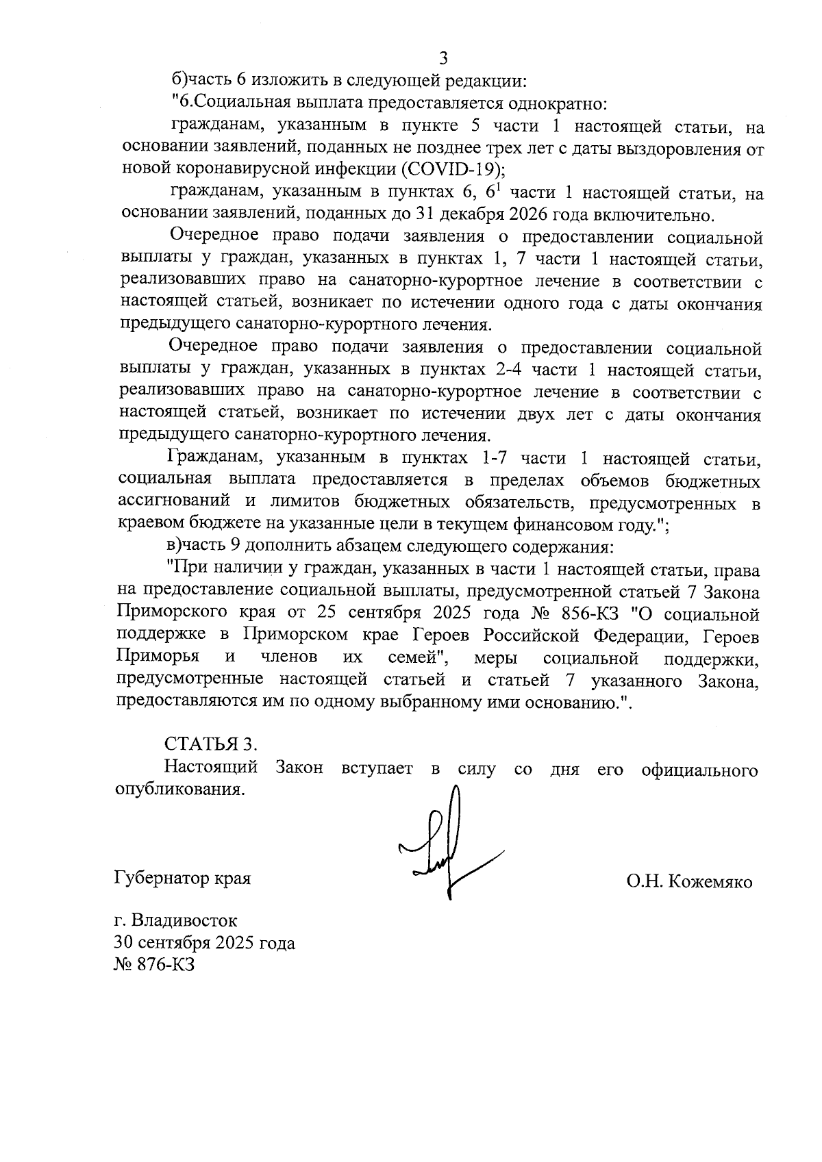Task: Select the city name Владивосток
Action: click(x=185, y=920)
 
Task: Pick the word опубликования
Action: click(x=179, y=790)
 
